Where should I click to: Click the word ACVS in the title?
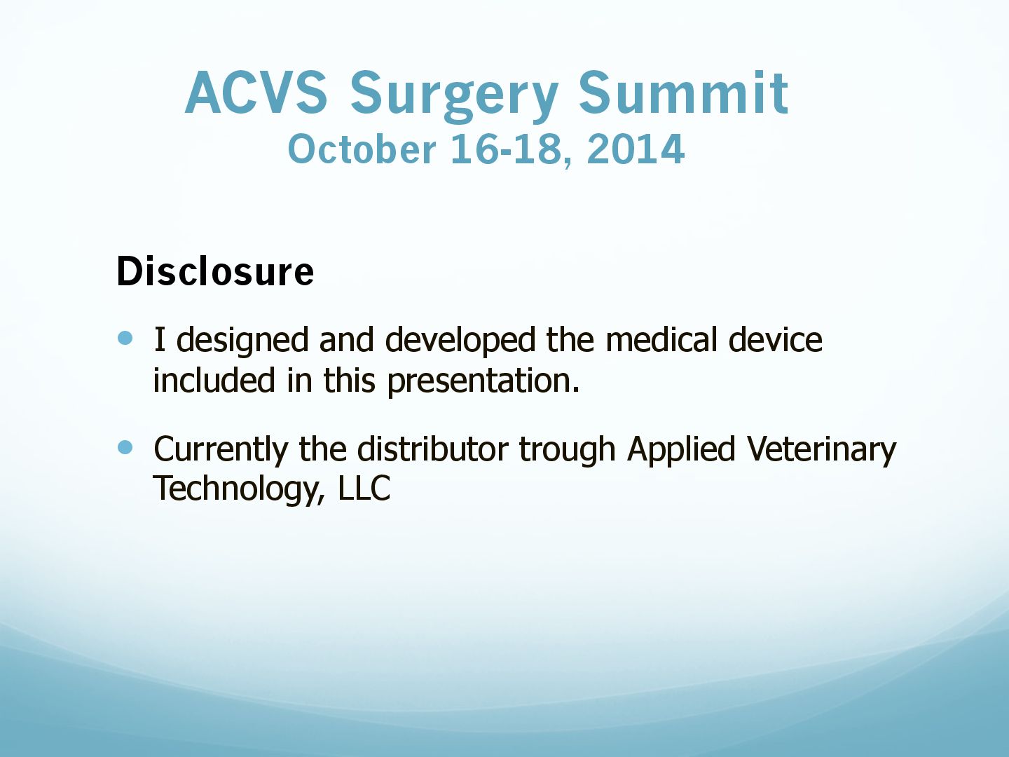pos(256,93)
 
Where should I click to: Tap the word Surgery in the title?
pos(455,97)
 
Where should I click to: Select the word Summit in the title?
pos(684,93)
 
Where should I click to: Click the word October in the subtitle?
pos(362,149)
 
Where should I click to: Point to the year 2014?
pos(636,149)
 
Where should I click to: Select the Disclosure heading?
pos(215,271)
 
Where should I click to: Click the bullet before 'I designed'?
pos(125,339)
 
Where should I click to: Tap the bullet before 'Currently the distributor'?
pos(125,447)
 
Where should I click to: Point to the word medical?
pos(661,339)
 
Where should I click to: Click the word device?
pos(776,339)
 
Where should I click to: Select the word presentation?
pos(483,381)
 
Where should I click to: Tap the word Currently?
pos(221,450)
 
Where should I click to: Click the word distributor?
pos(433,448)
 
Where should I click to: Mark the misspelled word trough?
pos(568,450)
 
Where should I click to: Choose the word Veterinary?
pos(821,450)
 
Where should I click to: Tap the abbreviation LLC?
pos(364,487)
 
